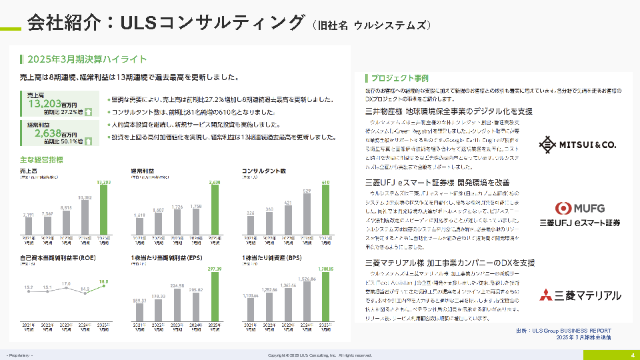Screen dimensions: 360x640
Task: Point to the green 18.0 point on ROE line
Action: coord(103,283)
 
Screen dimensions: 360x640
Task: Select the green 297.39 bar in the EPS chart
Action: coord(214,296)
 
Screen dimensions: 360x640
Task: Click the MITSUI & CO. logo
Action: coord(569,144)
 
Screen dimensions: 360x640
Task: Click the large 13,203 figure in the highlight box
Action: coord(43,103)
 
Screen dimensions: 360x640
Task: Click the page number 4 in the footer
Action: coord(632,355)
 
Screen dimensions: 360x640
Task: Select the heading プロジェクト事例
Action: coord(400,77)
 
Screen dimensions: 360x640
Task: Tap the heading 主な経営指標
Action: coord(41,160)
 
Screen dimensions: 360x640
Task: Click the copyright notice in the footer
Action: coord(320,355)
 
